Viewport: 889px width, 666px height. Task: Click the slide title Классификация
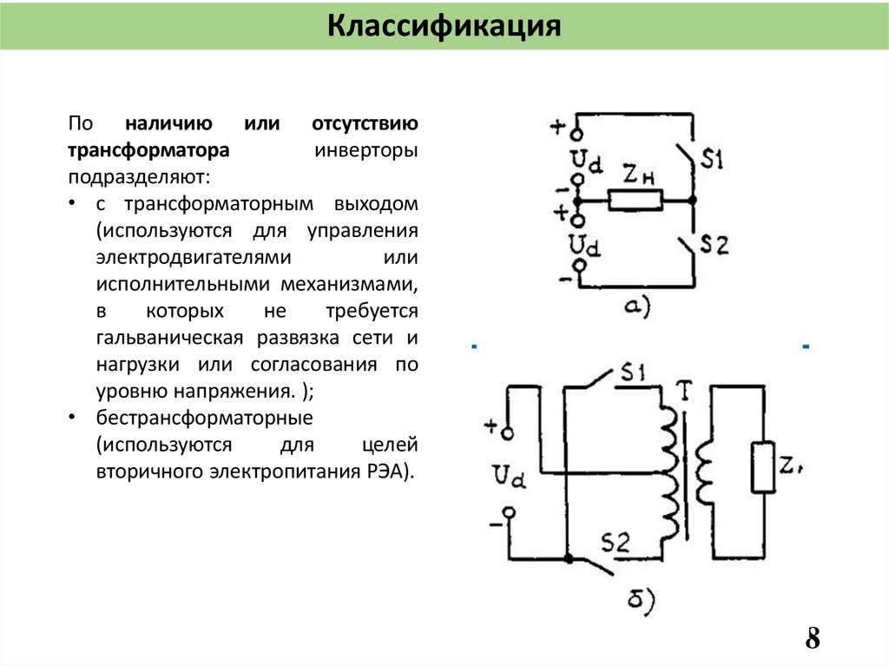(x=444, y=26)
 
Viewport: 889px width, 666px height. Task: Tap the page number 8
(x=813, y=638)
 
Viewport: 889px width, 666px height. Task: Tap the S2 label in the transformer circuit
(x=615, y=543)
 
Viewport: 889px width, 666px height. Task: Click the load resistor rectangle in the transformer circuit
(x=762, y=467)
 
